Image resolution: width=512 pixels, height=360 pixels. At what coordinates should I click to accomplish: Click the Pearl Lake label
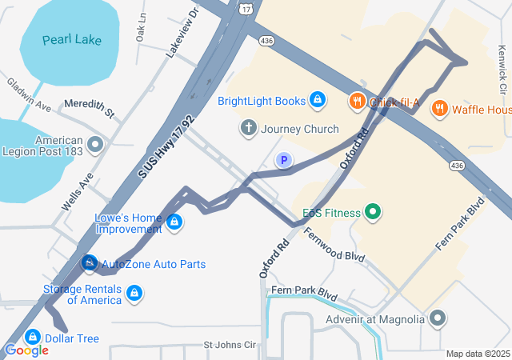point(72,39)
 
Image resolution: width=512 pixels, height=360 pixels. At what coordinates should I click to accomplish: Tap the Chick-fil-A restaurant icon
point(357,101)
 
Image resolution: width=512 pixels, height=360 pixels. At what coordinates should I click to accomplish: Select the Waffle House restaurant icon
point(439,109)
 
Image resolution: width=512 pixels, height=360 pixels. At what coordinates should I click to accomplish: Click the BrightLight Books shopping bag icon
point(318,100)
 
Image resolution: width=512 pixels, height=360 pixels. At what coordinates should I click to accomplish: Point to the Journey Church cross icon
point(248,128)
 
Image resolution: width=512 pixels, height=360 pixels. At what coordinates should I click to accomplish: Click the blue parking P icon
point(282,161)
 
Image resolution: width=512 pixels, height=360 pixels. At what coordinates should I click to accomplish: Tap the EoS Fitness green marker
point(371,212)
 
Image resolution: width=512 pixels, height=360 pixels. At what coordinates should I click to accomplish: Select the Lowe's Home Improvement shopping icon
point(174,222)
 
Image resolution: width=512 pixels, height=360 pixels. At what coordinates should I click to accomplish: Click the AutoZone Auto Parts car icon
point(90,263)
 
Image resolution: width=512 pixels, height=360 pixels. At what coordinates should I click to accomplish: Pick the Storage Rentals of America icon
point(134,294)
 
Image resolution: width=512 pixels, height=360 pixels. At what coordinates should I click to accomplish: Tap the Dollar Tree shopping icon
point(34,338)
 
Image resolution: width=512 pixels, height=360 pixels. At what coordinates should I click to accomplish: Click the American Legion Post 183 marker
point(96,145)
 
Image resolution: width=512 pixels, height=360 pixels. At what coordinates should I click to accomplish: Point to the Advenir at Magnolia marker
point(437,319)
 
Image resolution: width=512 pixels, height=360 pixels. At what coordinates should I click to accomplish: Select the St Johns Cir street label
point(229,345)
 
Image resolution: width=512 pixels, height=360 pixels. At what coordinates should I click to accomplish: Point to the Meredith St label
point(90,105)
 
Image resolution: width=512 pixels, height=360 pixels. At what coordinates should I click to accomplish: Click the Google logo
point(26,350)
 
